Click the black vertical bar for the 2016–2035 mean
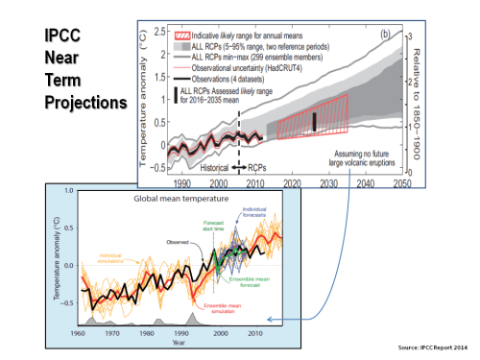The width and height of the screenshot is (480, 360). [x=312, y=121]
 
